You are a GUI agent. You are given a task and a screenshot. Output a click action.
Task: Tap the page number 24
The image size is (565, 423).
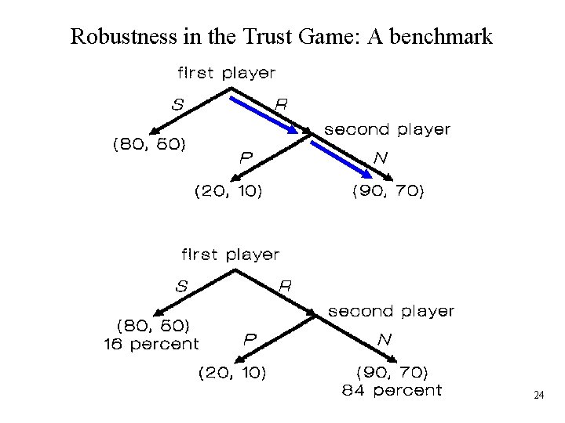tap(538, 396)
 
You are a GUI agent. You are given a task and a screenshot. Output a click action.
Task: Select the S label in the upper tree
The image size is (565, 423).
tap(178, 103)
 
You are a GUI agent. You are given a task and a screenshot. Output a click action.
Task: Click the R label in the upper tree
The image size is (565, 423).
tap(280, 103)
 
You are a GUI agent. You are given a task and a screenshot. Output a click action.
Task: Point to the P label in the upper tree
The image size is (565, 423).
tap(246, 157)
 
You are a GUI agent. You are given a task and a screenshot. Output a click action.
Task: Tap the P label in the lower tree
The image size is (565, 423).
tap(250, 339)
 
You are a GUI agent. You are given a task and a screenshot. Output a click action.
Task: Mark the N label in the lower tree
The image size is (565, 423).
tap(384, 339)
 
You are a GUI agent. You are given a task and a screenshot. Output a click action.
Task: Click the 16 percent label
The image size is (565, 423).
tap(151, 344)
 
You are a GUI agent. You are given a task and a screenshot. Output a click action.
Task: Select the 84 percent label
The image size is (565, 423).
tap(392, 389)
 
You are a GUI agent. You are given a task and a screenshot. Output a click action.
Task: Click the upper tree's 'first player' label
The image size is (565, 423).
tap(226, 74)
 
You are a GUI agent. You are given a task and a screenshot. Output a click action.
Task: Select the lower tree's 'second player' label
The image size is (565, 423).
tap(391, 311)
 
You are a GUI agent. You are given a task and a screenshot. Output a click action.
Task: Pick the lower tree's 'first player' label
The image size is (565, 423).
tap(230, 255)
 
